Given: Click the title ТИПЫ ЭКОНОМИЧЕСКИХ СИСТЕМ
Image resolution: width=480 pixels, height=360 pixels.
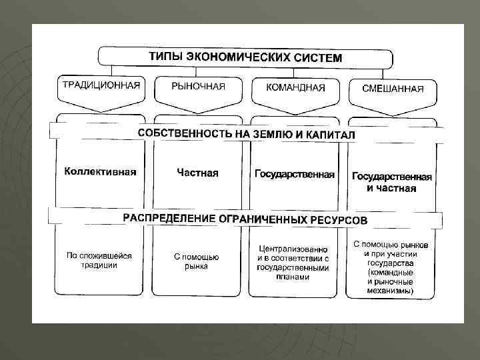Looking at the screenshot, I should coord(245,56).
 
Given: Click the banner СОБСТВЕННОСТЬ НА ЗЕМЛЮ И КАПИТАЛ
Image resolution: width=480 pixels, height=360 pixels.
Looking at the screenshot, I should coord(247,133).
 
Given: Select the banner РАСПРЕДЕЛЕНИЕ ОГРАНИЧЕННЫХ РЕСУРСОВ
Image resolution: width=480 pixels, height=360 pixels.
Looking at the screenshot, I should coord(245,219).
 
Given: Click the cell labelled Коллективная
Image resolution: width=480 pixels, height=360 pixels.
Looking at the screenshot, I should coord(101,172).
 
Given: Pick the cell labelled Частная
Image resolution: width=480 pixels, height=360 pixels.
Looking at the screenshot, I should coord(197,173).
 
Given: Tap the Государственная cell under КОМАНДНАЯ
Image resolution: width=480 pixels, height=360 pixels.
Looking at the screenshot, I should coord(295,174).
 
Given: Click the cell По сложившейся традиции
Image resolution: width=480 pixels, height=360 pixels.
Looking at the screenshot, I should coord(99,261).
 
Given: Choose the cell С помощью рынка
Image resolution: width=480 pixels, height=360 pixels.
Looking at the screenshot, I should coord(197,262).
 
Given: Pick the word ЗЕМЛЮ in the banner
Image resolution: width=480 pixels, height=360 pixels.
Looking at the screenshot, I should coord(273,134).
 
